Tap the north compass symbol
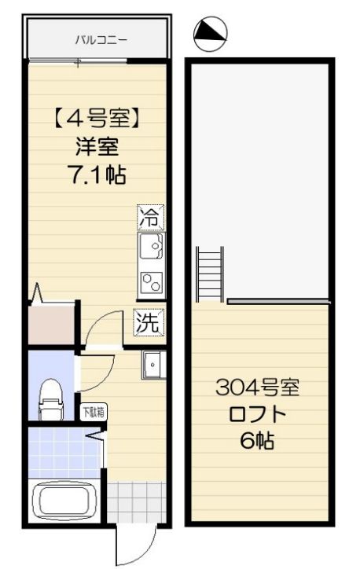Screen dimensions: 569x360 point(210,31)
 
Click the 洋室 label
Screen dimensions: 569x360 point(97,148)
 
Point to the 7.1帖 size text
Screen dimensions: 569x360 point(97,174)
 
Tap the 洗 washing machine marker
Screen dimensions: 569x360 point(148,322)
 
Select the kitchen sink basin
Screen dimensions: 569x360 point(151,248)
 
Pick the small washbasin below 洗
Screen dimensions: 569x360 point(152,364)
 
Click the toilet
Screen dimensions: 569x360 point(51,399)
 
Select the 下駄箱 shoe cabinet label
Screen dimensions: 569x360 point(93,411)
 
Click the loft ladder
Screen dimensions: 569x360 point(210,274)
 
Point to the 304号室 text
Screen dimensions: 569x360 point(258,389)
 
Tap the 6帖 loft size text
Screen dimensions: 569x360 point(257,442)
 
